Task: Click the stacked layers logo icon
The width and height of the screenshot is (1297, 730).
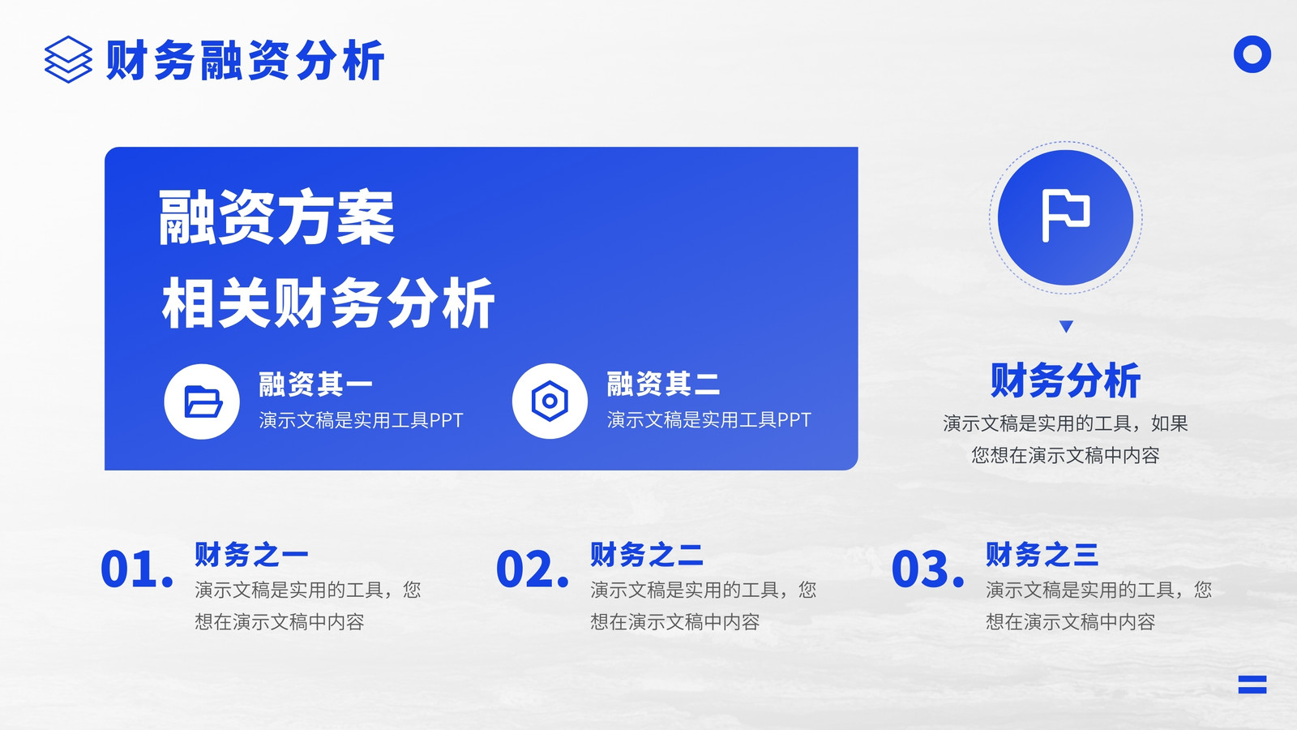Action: tap(68, 59)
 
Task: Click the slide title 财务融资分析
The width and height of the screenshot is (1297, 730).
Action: tap(246, 60)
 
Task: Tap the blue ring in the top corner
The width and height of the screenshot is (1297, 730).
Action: tap(1252, 54)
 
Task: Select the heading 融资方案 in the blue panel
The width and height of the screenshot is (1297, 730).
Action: tap(276, 217)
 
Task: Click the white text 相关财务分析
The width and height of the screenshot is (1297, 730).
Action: tap(327, 303)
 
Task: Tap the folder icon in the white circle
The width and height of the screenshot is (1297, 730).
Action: tap(202, 401)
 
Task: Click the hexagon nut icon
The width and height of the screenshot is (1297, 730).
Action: tap(550, 401)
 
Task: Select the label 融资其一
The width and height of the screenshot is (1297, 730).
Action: tap(315, 384)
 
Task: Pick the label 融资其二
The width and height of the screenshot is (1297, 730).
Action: tap(664, 384)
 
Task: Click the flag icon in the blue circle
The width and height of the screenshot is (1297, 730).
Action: tap(1065, 215)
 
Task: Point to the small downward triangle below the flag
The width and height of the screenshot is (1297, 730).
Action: tap(1066, 326)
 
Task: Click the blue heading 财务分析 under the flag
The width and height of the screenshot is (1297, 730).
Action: tap(1065, 380)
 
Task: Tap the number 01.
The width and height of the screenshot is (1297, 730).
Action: tap(137, 569)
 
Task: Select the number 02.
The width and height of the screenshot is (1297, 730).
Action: tap(532, 569)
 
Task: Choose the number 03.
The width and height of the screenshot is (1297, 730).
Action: tap(927, 569)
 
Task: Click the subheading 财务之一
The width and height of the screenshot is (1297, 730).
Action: tap(251, 555)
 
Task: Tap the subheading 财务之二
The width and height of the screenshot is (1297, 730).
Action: tap(647, 555)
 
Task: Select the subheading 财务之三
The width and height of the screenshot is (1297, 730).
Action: tap(1042, 555)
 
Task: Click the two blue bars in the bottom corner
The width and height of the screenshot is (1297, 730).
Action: tap(1252, 685)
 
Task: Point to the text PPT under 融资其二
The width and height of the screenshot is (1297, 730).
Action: tap(794, 420)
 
